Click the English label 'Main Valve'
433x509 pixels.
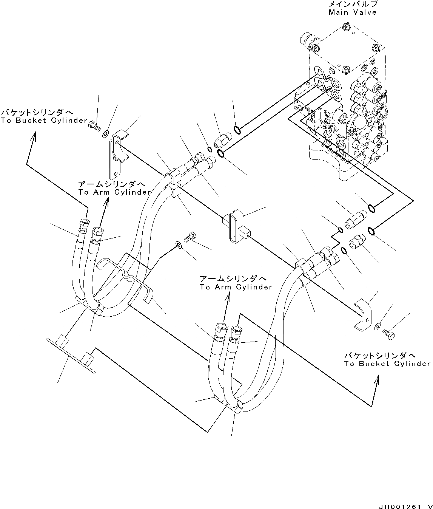pyautogui.click(x=352, y=12)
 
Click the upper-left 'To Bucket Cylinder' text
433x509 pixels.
pyautogui.click(x=44, y=121)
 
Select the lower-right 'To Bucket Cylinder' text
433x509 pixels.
pyautogui.click(x=387, y=364)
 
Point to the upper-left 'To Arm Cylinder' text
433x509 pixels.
pyautogui.click(x=114, y=192)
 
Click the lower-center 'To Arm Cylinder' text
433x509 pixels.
pyautogui.click(x=236, y=287)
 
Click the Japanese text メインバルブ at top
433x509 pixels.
pyautogui.click(x=353, y=4)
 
